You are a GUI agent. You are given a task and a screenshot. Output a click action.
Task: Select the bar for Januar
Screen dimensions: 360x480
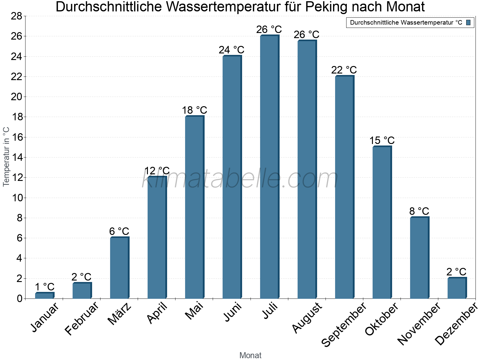44,295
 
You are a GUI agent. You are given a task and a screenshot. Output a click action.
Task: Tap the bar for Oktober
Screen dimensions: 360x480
382,222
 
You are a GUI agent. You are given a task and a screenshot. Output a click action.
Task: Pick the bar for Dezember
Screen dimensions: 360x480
457,288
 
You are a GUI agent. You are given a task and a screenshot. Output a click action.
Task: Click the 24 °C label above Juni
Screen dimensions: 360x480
232,50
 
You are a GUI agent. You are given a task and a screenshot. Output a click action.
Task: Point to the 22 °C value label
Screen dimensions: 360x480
344,70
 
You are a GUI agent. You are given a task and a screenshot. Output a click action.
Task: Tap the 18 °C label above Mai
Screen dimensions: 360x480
194,110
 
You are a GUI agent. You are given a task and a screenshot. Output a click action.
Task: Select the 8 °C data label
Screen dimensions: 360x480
419,211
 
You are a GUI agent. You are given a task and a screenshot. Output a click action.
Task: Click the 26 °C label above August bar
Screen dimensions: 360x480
307,35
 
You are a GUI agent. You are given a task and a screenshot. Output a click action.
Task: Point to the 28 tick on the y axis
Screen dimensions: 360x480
16,16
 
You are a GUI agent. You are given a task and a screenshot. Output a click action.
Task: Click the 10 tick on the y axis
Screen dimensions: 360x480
16,198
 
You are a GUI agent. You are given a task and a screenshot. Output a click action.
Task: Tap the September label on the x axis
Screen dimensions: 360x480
344,324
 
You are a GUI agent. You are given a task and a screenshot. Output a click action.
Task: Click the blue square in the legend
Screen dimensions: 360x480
468,22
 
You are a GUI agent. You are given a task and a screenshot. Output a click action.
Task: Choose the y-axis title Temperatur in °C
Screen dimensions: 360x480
6,157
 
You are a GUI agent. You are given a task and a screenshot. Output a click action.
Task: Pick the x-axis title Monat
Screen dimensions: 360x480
250,355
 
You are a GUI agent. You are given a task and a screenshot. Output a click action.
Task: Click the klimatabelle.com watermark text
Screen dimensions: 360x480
240,179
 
